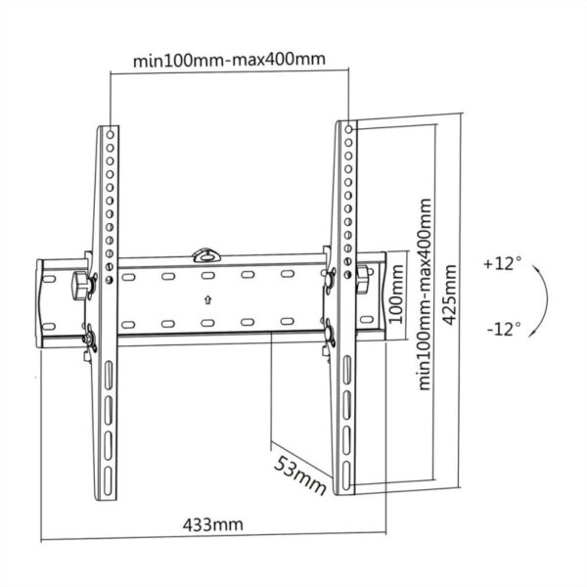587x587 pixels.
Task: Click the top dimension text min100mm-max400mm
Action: pos(229,61)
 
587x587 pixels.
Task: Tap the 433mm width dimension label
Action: pos(212,524)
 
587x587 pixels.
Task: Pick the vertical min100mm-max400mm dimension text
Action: pos(426,293)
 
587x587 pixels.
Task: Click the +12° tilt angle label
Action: pos(503,264)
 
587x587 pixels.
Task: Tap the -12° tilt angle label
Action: pos(503,329)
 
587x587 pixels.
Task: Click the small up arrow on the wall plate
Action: pos(208,299)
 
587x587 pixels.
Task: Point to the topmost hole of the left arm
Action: pos(110,130)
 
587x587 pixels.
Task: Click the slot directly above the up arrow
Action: pos(208,276)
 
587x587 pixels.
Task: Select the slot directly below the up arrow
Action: pos(208,322)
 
